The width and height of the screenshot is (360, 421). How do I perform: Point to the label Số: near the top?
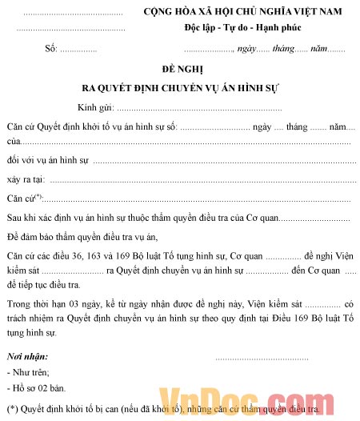tap(52, 49)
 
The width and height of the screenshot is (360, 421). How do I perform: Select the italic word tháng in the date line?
tap(283, 49)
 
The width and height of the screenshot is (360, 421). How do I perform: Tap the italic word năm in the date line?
tap(319, 49)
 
